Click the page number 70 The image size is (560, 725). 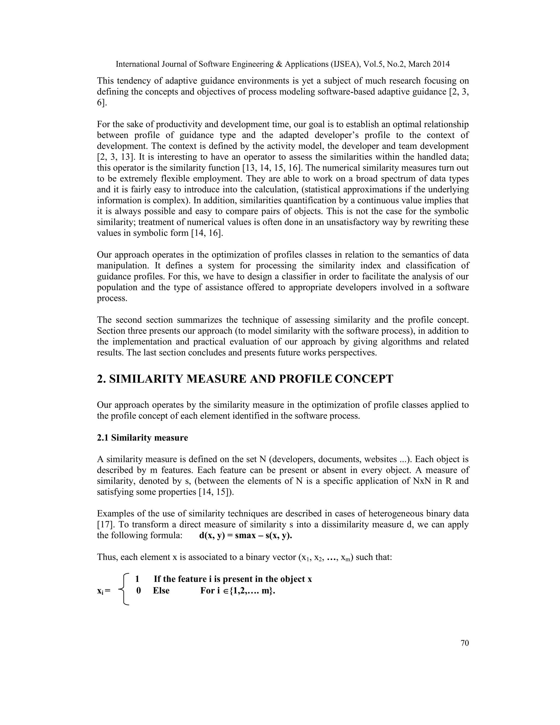pyautogui.click(x=465, y=643)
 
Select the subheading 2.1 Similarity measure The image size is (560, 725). pyautogui.click(x=142, y=438)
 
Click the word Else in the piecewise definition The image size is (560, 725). pyautogui.click(x=161, y=591)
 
